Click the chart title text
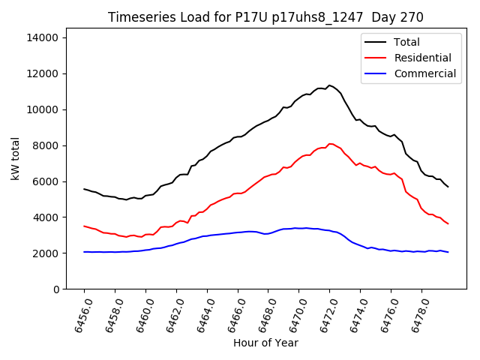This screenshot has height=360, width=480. tap(265, 17)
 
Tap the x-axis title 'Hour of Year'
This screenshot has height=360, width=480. tap(265, 343)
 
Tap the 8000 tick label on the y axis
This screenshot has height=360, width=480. tap(48, 145)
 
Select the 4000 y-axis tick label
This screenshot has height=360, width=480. tap(48, 217)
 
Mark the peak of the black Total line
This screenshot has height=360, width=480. tap(328, 85)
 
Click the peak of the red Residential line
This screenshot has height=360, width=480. tap(329, 144)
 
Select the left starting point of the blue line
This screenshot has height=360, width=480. tap(84, 252)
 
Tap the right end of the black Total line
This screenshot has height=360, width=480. tap(448, 187)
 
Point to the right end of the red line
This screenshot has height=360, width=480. tap(448, 223)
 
